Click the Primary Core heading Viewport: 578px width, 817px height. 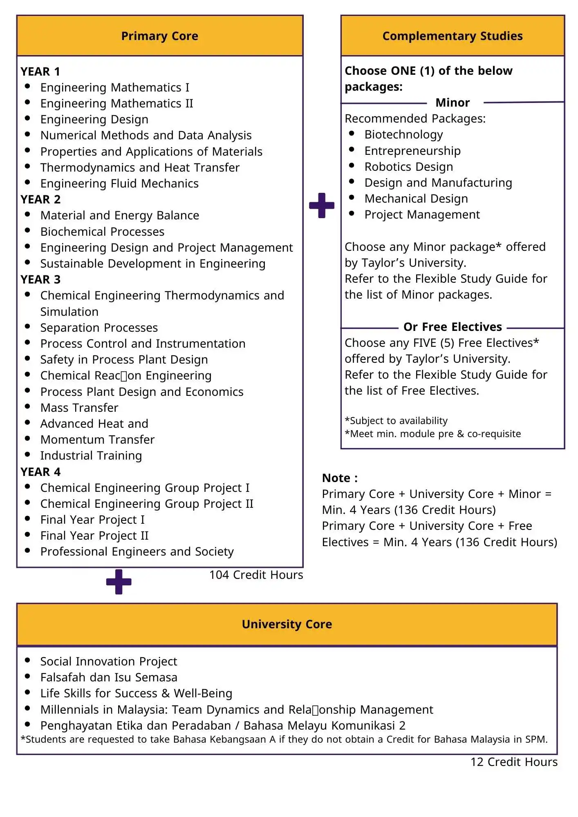(x=159, y=36)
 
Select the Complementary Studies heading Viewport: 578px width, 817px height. (x=453, y=36)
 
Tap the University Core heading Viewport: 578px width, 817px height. (x=287, y=624)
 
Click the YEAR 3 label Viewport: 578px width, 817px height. (x=40, y=279)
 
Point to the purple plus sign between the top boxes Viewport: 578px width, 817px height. (x=322, y=205)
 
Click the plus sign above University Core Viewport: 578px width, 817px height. (x=119, y=582)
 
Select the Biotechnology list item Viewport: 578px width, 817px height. (x=403, y=134)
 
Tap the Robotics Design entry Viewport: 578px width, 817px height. (x=408, y=167)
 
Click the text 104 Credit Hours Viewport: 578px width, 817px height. (x=256, y=575)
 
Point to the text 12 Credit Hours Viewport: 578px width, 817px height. (x=514, y=762)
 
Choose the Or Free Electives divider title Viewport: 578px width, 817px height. (x=453, y=327)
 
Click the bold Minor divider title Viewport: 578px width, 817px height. (x=453, y=103)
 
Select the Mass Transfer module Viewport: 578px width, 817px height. (x=79, y=408)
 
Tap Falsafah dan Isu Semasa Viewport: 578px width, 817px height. (x=109, y=677)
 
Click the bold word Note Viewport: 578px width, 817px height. (x=340, y=478)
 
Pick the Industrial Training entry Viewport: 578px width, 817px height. (x=91, y=455)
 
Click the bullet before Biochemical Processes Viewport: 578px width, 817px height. (x=27, y=230)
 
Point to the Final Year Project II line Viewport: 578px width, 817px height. (x=94, y=536)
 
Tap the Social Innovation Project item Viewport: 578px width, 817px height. (x=109, y=661)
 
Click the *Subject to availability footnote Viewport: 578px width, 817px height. (x=396, y=421)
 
